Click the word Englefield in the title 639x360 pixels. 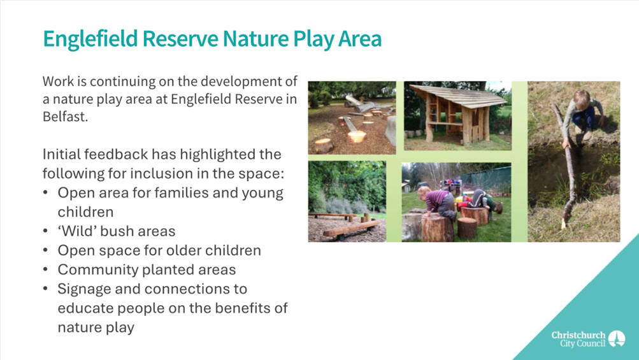[x=90, y=40]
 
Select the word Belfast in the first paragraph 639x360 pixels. [x=65, y=117]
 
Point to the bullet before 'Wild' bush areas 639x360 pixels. [x=46, y=231]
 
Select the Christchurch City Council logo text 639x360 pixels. [x=578, y=339]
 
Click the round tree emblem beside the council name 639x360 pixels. [x=617, y=339]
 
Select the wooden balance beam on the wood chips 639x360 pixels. [x=351, y=228]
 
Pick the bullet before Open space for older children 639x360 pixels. [x=46, y=250]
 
